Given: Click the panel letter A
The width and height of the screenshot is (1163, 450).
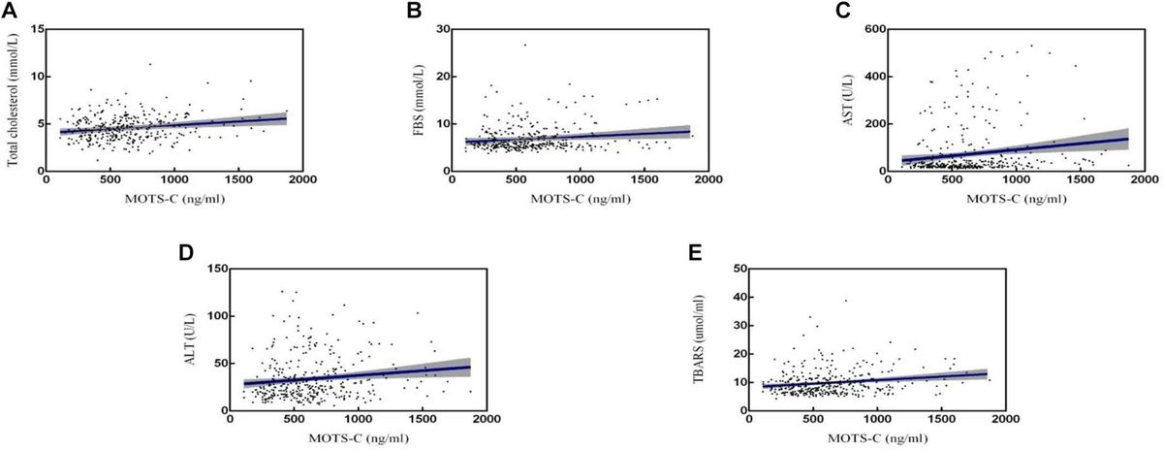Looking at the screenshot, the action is pyautogui.click(x=10, y=11).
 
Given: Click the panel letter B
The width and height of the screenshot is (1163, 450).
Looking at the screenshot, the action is pyautogui.click(x=414, y=11).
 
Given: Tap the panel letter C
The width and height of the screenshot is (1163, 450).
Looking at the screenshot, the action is pyautogui.click(x=842, y=11).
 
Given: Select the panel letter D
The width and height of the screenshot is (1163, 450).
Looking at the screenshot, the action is pyautogui.click(x=186, y=252).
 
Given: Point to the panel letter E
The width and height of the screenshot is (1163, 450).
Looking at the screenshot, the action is pyautogui.click(x=695, y=252).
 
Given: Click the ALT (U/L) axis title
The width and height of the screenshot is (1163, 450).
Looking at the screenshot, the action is pyautogui.click(x=190, y=338).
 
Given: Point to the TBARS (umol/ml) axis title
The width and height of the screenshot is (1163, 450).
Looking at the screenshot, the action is pyautogui.click(x=699, y=339).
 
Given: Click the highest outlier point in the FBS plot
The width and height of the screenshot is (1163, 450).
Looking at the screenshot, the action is pyautogui.click(x=525, y=45).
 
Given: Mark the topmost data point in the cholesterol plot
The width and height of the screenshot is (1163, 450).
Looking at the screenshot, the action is pyautogui.click(x=150, y=64).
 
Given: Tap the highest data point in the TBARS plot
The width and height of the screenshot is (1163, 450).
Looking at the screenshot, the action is pyautogui.click(x=846, y=301).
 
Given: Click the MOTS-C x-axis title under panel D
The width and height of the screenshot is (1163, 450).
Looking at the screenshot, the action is pyautogui.click(x=359, y=438).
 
